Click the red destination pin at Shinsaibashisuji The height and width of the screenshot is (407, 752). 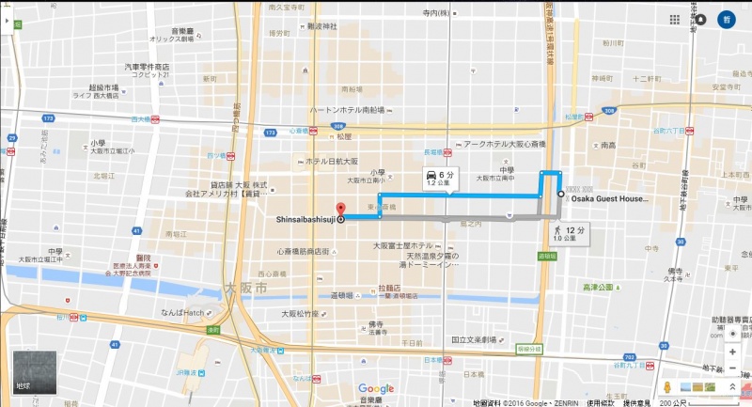pyautogui.click(x=340, y=210)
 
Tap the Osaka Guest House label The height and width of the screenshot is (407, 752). pyautogui.click(x=609, y=199)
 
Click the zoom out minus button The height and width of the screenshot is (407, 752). pyautogui.click(x=732, y=367)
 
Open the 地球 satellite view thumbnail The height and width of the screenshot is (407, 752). pyautogui.click(x=35, y=372)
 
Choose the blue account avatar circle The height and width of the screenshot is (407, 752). pyautogui.click(x=727, y=19)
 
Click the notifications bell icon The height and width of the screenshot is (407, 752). pyautogui.click(x=701, y=19)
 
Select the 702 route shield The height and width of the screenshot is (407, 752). pyautogui.click(x=629, y=357)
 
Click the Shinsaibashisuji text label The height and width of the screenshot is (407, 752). pyautogui.click(x=305, y=220)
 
